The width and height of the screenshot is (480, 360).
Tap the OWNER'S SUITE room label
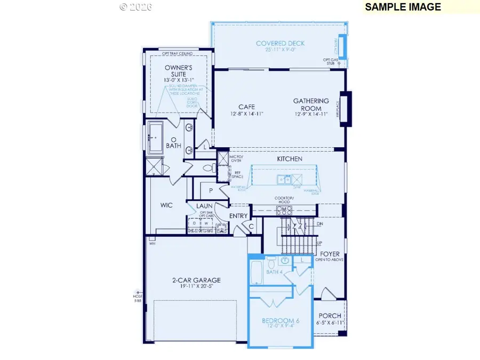pyautogui.click(x=178, y=71)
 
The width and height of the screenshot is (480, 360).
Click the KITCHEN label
pyautogui.click(x=289, y=159)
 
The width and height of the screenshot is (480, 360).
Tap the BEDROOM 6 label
pyautogui.click(x=281, y=321)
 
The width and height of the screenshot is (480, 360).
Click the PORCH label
pyautogui.click(x=329, y=315)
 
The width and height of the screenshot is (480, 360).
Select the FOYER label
pyautogui.click(x=330, y=254)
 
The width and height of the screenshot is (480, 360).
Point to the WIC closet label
pyautogui.click(x=167, y=205)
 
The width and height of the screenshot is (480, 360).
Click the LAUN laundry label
pyautogui.click(x=204, y=205)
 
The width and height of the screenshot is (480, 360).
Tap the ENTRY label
pyautogui.click(x=238, y=215)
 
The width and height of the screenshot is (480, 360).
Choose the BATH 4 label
pyautogui.click(x=274, y=273)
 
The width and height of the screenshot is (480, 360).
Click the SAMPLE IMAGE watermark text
pyautogui.click(x=403, y=7)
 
